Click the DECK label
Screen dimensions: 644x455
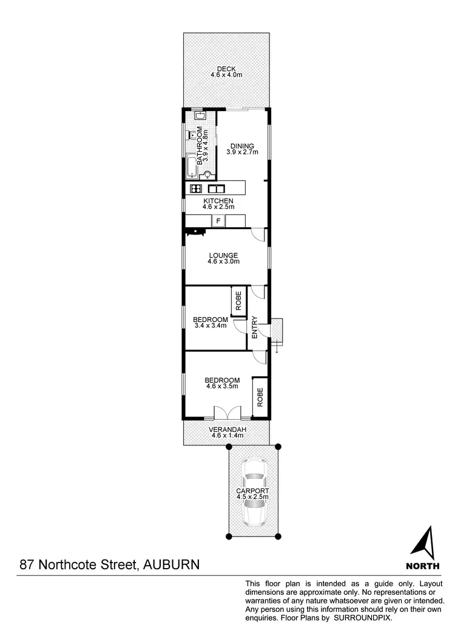[226, 69]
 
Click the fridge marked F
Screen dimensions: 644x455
[218, 221]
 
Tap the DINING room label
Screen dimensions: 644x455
[242, 146]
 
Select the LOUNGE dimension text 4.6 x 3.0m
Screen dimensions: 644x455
[223, 262]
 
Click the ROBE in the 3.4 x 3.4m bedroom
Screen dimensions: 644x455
[238, 301]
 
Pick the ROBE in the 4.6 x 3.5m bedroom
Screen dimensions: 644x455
[260, 397]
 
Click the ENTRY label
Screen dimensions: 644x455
[255, 327]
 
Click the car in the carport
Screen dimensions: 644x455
[254, 492]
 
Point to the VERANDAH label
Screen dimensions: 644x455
[226, 429]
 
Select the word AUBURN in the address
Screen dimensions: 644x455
[171, 564]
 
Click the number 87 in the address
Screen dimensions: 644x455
[27, 564]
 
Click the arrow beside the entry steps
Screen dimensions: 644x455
[277, 348]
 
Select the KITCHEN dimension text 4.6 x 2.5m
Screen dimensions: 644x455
[218, 207]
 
